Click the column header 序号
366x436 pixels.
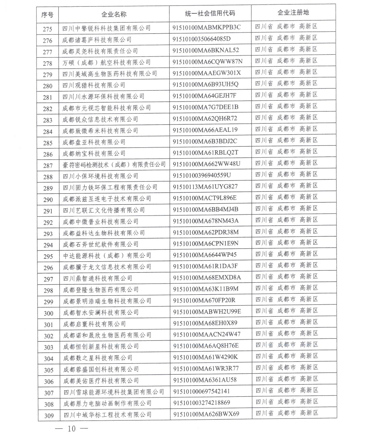click(47, 14)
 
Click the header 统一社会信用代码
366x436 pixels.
click(210, 13)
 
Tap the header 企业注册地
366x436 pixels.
click(293, 12)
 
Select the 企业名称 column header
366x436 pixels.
click(114, 14)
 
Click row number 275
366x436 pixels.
click(47, 29)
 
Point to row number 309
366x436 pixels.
click(49, 416)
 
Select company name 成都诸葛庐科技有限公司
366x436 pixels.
click(97, 40)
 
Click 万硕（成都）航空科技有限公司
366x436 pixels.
click(106, 62)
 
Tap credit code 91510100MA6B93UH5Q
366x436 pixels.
click(206, 84)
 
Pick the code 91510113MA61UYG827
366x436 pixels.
click(205, 186)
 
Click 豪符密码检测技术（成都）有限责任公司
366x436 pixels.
click(114, 165)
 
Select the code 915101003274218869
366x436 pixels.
click(202, 402)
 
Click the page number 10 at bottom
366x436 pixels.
click(72, 428)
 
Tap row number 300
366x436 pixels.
click(49, 313)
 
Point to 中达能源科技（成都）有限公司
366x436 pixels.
click(107, 255)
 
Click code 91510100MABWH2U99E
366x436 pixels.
click(207, 311)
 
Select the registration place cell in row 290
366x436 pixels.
click(286, 197)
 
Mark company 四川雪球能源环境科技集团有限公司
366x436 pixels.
click(114, 392)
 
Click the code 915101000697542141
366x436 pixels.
click(202, 391)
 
